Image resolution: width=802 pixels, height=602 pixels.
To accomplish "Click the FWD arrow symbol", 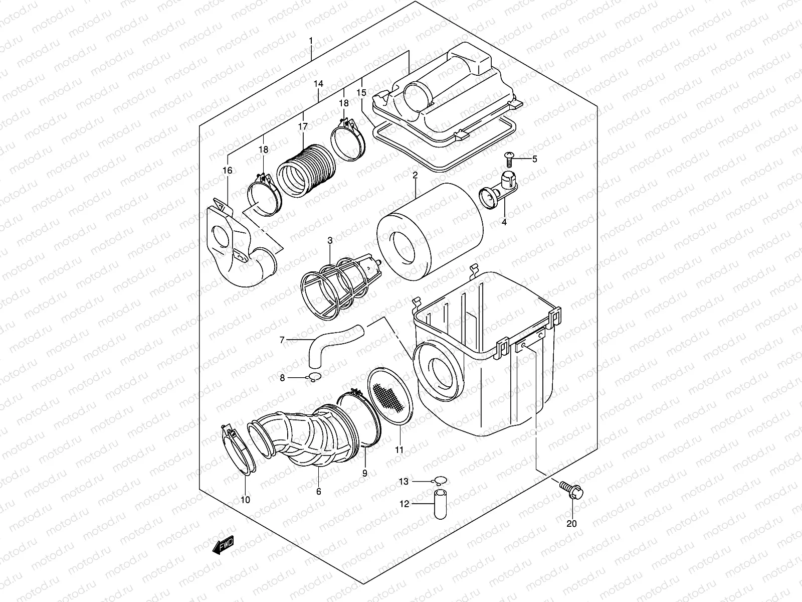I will [223, 545].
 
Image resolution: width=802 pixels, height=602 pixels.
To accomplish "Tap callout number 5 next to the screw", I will [534, 159].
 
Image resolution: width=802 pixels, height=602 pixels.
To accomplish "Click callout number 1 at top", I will [311, 40].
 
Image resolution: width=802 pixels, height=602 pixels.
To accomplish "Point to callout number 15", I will [361, 93].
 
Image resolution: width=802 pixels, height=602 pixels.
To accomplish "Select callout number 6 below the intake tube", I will [319, 492].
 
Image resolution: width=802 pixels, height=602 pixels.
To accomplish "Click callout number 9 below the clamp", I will [365, 473].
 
